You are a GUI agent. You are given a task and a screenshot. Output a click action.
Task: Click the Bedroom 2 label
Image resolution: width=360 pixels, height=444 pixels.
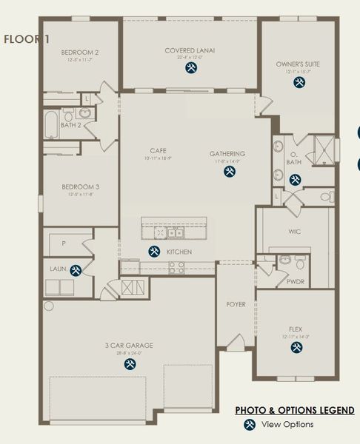(x=80, y=53)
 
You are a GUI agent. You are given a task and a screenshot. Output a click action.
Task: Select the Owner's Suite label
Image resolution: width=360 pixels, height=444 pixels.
(x=298, y=64)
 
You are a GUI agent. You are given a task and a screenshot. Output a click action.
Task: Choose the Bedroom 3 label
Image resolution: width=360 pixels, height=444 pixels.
(x=80, y=186)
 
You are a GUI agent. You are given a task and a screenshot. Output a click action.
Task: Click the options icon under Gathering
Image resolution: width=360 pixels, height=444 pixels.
(x=229, y=172)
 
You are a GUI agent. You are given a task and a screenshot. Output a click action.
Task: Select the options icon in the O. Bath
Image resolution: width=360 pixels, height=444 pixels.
(x=295, y=179)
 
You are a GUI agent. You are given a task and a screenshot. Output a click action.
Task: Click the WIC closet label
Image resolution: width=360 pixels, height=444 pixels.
(x=294, y=231)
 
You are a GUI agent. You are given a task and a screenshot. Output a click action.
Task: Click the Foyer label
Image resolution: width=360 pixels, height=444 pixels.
(x=236, y=304)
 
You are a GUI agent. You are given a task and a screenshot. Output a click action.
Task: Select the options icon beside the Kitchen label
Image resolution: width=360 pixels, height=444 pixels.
(x=154, y=252)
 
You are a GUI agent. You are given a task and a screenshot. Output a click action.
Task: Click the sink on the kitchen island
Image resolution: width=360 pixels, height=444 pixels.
(x=175, y=233)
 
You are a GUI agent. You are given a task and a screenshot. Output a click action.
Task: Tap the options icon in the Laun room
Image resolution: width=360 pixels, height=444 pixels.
(x=76, y=270)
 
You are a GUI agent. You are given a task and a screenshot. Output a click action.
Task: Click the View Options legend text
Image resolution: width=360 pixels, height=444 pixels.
(x=287, y=424)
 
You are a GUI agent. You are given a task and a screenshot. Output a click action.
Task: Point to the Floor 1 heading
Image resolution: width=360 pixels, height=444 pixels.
(x=27, y=39)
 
